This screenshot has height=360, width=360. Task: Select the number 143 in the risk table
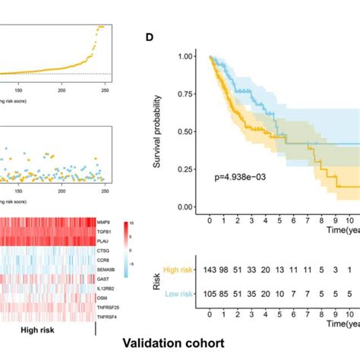[210, 270]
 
